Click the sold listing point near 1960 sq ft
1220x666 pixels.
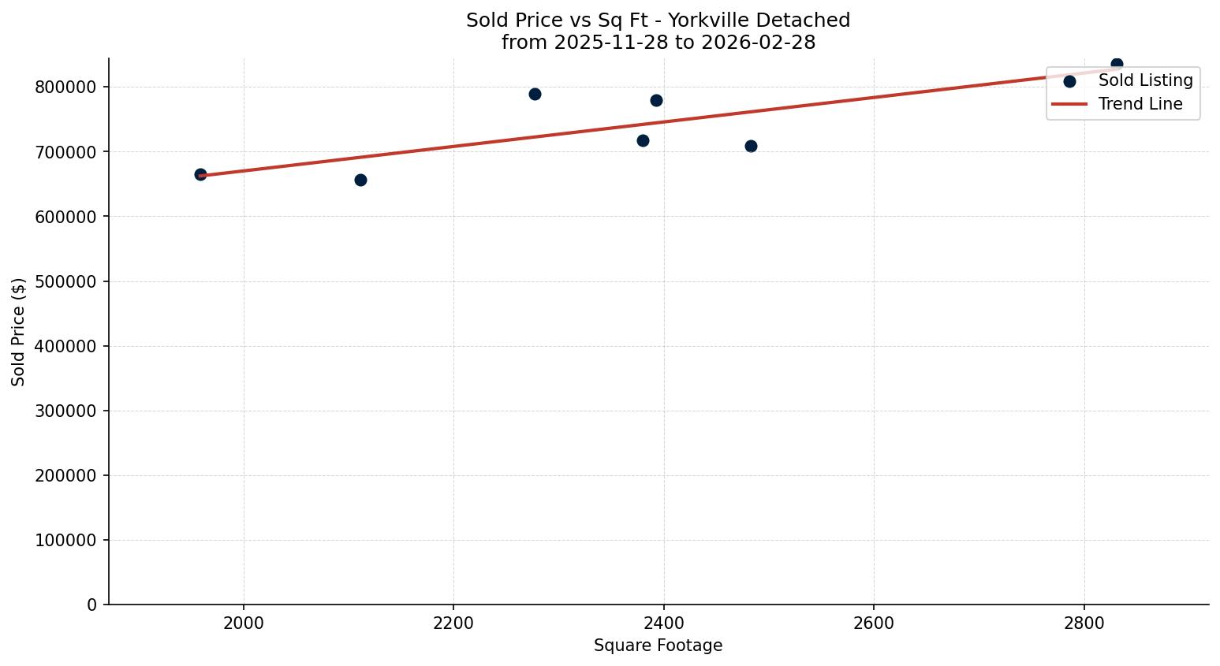click(200, 174)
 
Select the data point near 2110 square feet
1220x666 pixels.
click(360, 180)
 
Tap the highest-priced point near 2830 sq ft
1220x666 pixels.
click(1117, 64)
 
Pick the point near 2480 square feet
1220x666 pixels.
click(751, 146)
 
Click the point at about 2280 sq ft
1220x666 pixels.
click(535, 94)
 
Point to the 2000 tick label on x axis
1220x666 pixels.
click(243, 623)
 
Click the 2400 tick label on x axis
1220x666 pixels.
click(663, 623)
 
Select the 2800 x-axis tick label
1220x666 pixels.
click(1084, 623)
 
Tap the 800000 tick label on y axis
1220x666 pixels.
click(66, 87)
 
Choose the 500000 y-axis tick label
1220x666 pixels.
click(66, 281)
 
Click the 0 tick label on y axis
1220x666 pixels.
click(93, 605)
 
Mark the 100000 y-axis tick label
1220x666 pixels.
click(66, 540)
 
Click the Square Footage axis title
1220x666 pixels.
click(658, 646)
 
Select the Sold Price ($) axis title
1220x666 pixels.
click(19, 332)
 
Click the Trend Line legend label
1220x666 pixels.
click(1140, 104)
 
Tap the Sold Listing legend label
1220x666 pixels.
click(1145, 80)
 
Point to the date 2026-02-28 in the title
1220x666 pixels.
click(758, 43)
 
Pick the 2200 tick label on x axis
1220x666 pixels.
click(453, 623)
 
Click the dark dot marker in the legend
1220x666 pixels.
click(1069, 81)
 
